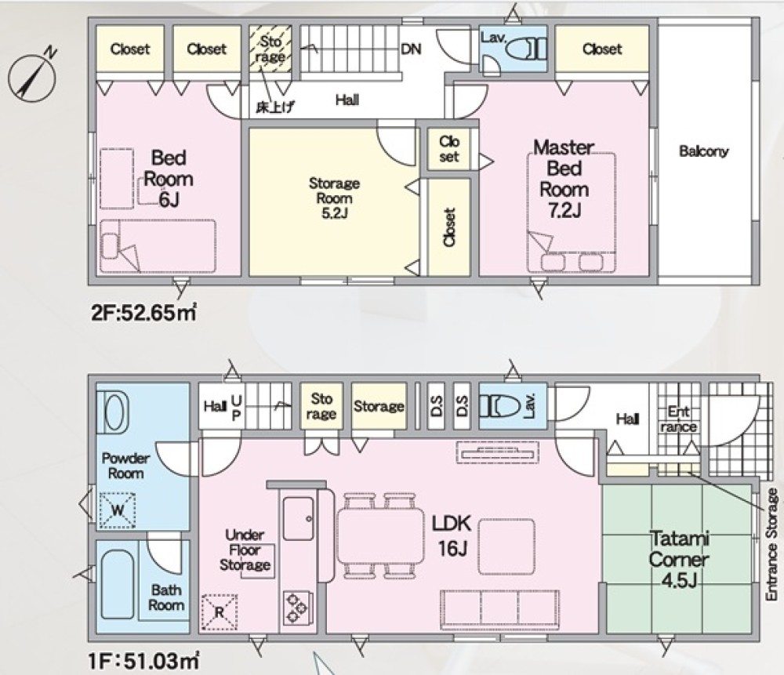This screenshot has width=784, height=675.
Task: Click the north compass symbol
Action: (x=32, y=75)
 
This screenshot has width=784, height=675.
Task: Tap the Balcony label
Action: (x=703, y=151)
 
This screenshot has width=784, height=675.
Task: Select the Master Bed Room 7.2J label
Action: (x=564, y=179)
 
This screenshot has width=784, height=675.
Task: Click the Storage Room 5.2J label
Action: (x=334, y=198)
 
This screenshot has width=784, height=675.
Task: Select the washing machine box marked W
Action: (x=118, y=510)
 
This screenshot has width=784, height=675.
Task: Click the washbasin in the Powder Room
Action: (x=114, y=412)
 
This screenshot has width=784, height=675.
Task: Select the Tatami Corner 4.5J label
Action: (x=679, y=559)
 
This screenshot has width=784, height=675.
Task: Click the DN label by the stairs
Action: (x=411, y=49)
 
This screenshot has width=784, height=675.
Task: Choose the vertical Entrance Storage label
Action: (x=771, y=545)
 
